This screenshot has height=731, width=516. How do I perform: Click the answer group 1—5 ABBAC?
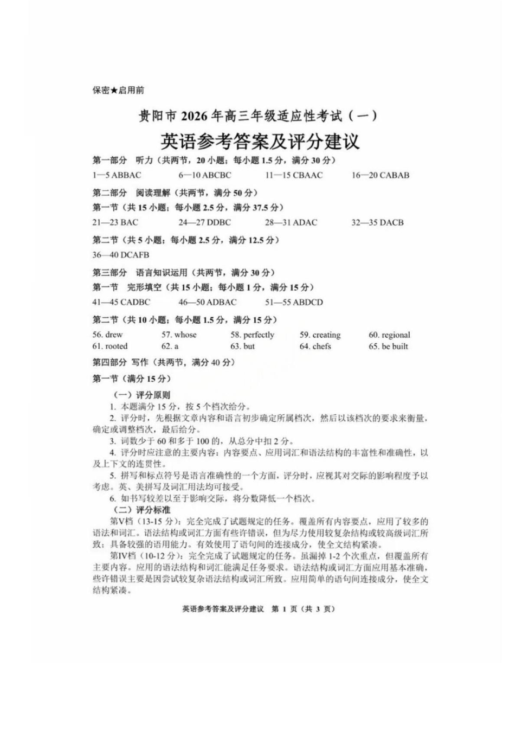[117, 175]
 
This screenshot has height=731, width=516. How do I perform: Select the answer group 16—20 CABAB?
[380, 175]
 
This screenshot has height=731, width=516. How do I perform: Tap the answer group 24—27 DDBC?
[204, 222]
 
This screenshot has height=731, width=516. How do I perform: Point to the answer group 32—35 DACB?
[377, 222]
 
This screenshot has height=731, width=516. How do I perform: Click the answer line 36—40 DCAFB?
[120, 255]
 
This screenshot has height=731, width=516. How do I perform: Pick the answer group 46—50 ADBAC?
[207, 303]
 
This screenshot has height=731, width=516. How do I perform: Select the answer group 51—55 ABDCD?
[294, 303]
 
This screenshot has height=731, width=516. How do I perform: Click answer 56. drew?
[107, 335]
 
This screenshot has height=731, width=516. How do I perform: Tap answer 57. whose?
[179, 335]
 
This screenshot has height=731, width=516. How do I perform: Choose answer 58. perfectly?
[252, 335]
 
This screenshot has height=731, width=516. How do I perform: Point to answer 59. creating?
[320, 335]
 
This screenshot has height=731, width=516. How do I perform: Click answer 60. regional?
[389, 335]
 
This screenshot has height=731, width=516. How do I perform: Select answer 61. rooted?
[110, 347]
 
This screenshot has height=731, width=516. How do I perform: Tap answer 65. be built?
[388, 347]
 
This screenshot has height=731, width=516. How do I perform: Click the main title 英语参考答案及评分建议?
[260, 142]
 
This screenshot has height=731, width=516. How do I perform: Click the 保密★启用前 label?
[118, 91]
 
